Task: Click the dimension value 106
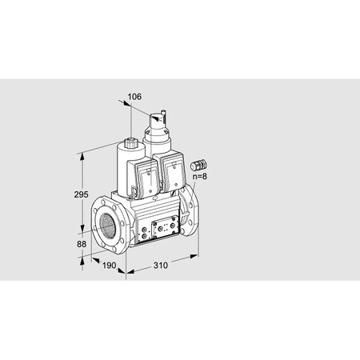point(134,97)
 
